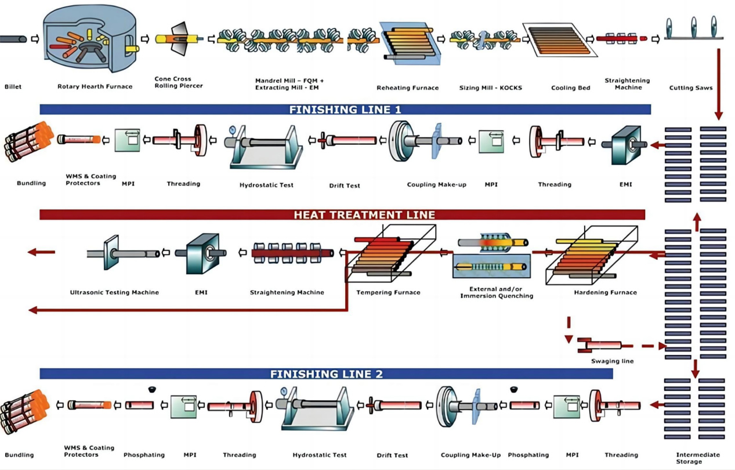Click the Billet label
(x=13, y=87)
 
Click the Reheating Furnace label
(x=407, y=88)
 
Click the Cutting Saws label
(x=691, y=88)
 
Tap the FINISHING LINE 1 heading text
(x=345, y=109)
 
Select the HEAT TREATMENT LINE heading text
(x=364, y=214)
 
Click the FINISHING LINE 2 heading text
(x=327, y=374)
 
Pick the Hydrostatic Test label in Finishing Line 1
(x=266, y=185)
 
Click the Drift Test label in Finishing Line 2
(x=392, y=455)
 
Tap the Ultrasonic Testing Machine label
(x=114, y=293)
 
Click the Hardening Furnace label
(x=605, y=293)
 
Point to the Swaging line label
(x=612, y=361)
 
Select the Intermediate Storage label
(x=698, y=458)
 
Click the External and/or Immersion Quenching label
(x=496, y=292)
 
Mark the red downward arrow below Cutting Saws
(x=719, y=84)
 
